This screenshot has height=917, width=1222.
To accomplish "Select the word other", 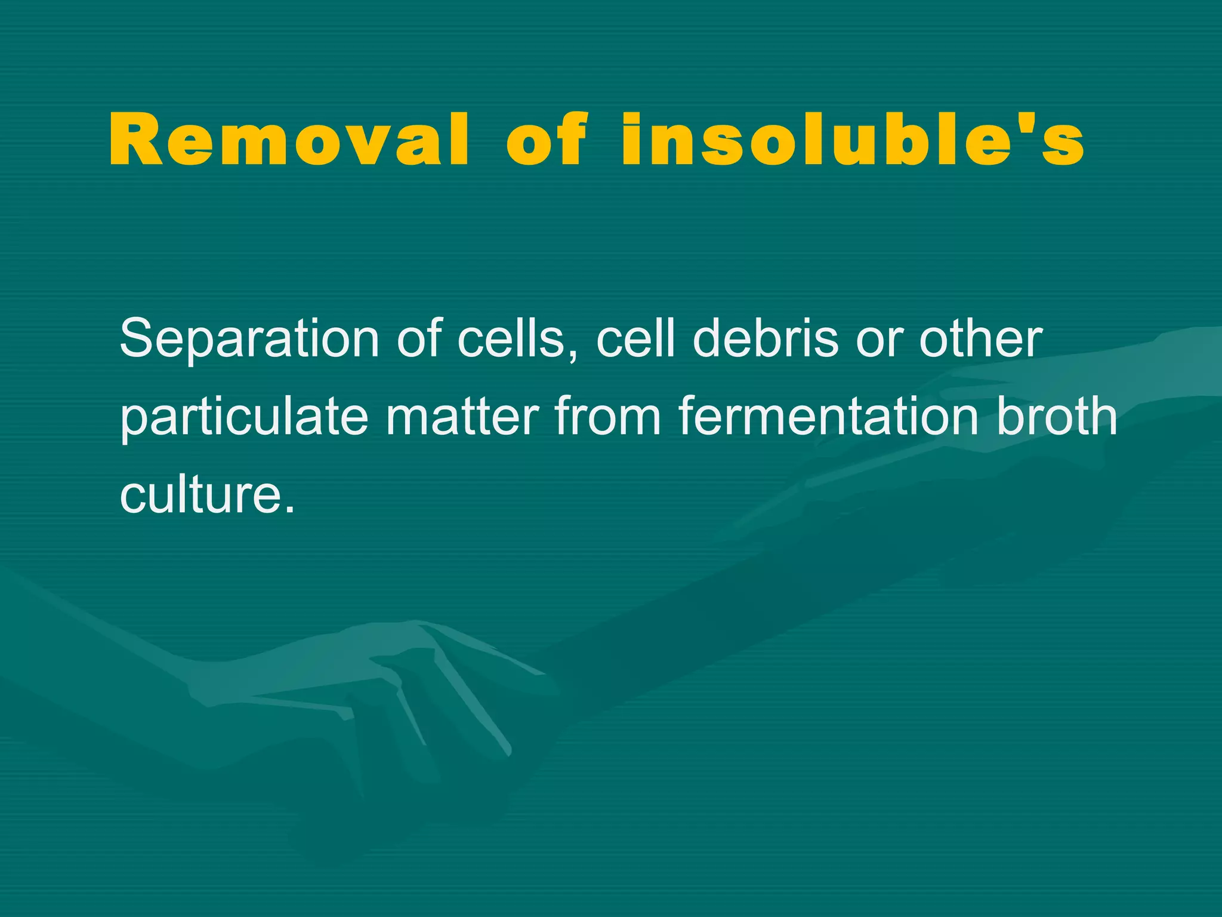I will (980, 339).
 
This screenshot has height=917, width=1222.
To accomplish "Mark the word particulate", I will (244, 418).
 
